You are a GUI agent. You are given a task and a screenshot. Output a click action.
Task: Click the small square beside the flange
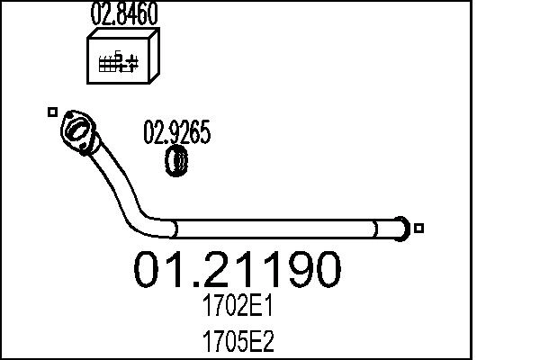[x=52, y=112]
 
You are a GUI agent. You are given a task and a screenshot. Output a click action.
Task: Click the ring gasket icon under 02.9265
[x=177, y=163]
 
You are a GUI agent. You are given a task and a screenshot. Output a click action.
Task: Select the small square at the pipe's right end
[x=418, y=228]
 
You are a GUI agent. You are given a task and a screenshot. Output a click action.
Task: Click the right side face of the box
[x=153, y=58]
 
